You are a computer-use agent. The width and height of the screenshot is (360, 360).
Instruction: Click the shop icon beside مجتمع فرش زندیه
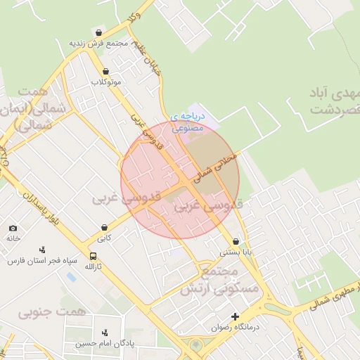point(98,32)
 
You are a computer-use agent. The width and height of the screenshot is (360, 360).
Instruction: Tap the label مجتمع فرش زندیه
point(97,44)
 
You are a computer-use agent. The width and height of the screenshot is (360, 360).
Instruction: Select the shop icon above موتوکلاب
point(105,71)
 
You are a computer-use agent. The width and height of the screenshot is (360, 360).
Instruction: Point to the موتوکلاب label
point(105,82)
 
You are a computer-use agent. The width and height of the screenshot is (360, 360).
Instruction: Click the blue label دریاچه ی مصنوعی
point(188,122)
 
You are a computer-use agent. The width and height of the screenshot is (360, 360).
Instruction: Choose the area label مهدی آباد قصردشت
point(333,101)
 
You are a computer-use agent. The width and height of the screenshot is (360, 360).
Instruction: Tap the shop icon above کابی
point(105,227)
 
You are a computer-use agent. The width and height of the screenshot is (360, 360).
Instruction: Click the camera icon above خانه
point(13,228)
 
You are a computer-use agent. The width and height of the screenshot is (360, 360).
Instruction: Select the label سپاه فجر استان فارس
point(36,260)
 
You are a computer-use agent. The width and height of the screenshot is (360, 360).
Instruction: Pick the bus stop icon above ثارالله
point(94,256)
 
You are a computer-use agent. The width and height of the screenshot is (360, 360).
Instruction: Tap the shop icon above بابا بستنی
point(235,240)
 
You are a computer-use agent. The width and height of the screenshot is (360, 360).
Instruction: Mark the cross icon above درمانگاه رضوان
point(235,316)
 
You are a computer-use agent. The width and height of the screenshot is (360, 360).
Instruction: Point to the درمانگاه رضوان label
point(235,328)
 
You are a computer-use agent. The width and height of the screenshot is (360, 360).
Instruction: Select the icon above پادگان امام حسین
point(105,332)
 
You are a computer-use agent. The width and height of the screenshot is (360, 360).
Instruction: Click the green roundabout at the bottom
point(196,345)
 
